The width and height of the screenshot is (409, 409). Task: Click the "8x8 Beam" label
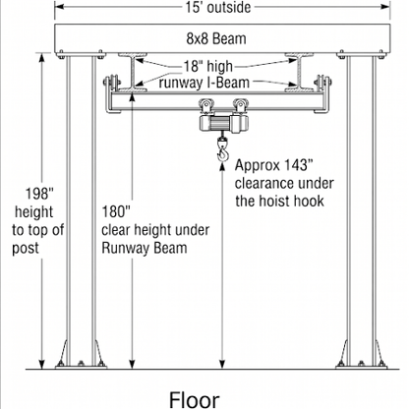click(216, 38)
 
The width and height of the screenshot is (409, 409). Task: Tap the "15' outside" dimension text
click(218, 7)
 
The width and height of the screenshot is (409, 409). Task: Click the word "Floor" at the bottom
click(195, 400)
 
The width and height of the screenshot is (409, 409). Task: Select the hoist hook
click(222, 150)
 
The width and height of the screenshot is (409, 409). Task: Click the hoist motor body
click(223, 123)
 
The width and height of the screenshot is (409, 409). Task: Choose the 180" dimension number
click(116, 211)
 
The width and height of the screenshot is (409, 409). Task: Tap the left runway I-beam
click(133, 72)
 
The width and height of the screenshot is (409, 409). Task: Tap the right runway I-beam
click(300, 72)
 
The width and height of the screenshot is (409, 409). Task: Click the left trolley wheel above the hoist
click(205, 105)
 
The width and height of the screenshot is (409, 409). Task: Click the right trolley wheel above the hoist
click(241, 105)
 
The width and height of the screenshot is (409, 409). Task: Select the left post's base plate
click(81, 368)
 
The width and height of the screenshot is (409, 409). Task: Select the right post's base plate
click(362, 368)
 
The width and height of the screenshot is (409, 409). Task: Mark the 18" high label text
click(207, 66)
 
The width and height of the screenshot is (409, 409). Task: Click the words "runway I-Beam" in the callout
click(204, 83)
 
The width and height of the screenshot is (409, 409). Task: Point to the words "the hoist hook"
click(279, 201)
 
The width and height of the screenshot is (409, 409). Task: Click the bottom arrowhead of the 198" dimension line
click(42, 364)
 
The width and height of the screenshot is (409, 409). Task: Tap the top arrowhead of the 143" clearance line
click(222, 167)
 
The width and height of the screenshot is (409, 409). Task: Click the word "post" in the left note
click(26, 249)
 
